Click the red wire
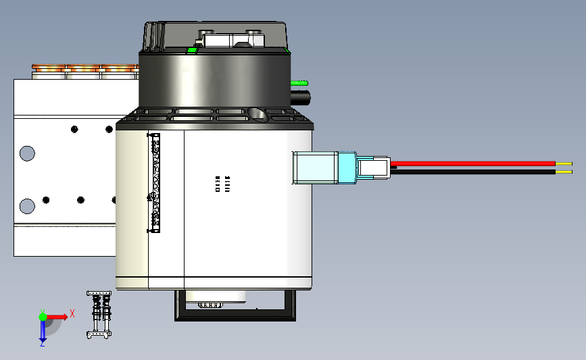tap(473, 163)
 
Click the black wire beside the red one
tap(473, 171)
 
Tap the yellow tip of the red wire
tap(564, 163)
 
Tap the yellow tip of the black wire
tap(564, 172)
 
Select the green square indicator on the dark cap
tap(192, 49)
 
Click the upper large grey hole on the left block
tap(27, 153)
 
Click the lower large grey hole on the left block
tap(27, 205)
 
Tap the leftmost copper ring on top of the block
tap(48, 68)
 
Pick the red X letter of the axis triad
tap(72, 313)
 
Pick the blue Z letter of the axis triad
tap(42, 344)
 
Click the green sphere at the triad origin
tap(43, 316)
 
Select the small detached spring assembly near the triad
tap(99, 315)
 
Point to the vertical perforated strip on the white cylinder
tap(155, 183)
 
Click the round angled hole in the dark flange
tap(256, 112)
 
